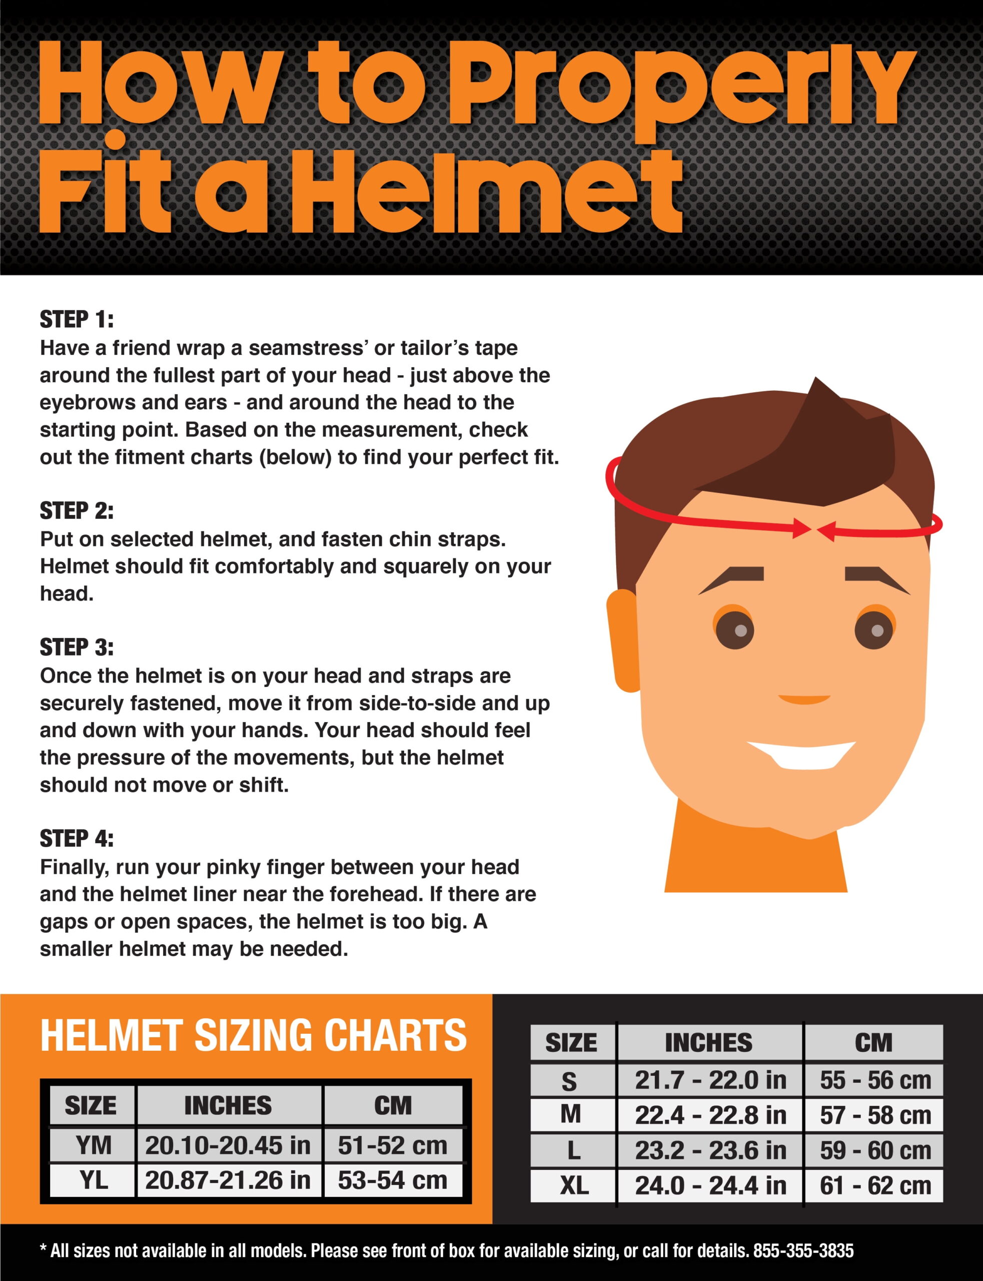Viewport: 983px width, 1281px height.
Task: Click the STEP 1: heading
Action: pyautogui.click(x=76, y=320)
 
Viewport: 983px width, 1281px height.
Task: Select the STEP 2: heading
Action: pyautogui.click(x=76, y=511)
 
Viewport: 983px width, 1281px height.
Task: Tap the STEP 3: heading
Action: pyautogui.click(x=76, y=647)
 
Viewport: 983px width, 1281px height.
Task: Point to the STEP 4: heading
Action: pyautogui.click(x=76, y=839)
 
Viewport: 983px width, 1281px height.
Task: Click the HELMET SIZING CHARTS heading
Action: pyautogui.click(x=253, y=1035)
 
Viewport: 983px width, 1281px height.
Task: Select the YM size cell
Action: pyautogui.click(x=93, y=1145)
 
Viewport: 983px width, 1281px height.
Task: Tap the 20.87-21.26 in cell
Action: pyautogui.click(x=228, y=1180)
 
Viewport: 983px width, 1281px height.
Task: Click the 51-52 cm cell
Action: pyautogui.click(x=393, y=1145)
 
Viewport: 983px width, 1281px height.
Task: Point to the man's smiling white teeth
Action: pyautogui.click(x=801, y=754)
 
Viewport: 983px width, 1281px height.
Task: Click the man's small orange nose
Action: pyautogui.click(x=804, y=700)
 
